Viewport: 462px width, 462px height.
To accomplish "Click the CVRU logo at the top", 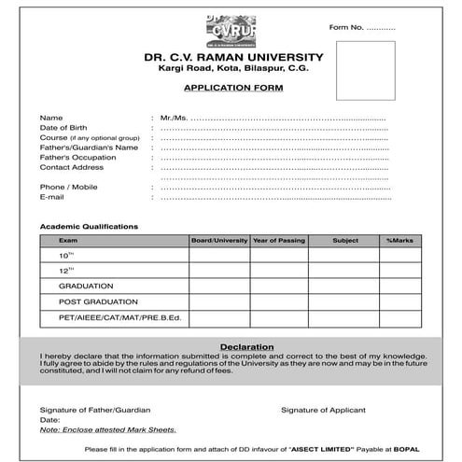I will (230, 31).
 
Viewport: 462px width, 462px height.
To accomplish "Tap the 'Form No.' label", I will (344, 28).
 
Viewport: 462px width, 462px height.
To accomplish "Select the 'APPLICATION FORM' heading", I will (233, 87).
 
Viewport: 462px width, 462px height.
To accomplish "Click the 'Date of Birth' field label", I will (63, 128).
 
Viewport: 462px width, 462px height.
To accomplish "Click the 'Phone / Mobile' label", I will (68, 188).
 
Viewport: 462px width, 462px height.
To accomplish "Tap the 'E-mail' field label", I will (51, 198).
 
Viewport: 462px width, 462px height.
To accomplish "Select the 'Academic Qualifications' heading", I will (89, 226).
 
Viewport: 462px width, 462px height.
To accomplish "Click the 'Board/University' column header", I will (219, 241).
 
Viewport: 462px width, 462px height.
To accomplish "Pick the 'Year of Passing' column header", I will (278, 241).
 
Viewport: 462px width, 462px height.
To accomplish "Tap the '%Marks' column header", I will (399, 241).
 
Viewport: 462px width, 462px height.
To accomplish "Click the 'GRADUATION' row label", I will (86, 287).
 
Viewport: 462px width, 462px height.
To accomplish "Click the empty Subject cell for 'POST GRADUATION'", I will (344, 302).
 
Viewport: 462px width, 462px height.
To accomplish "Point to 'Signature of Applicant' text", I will (323, 410).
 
